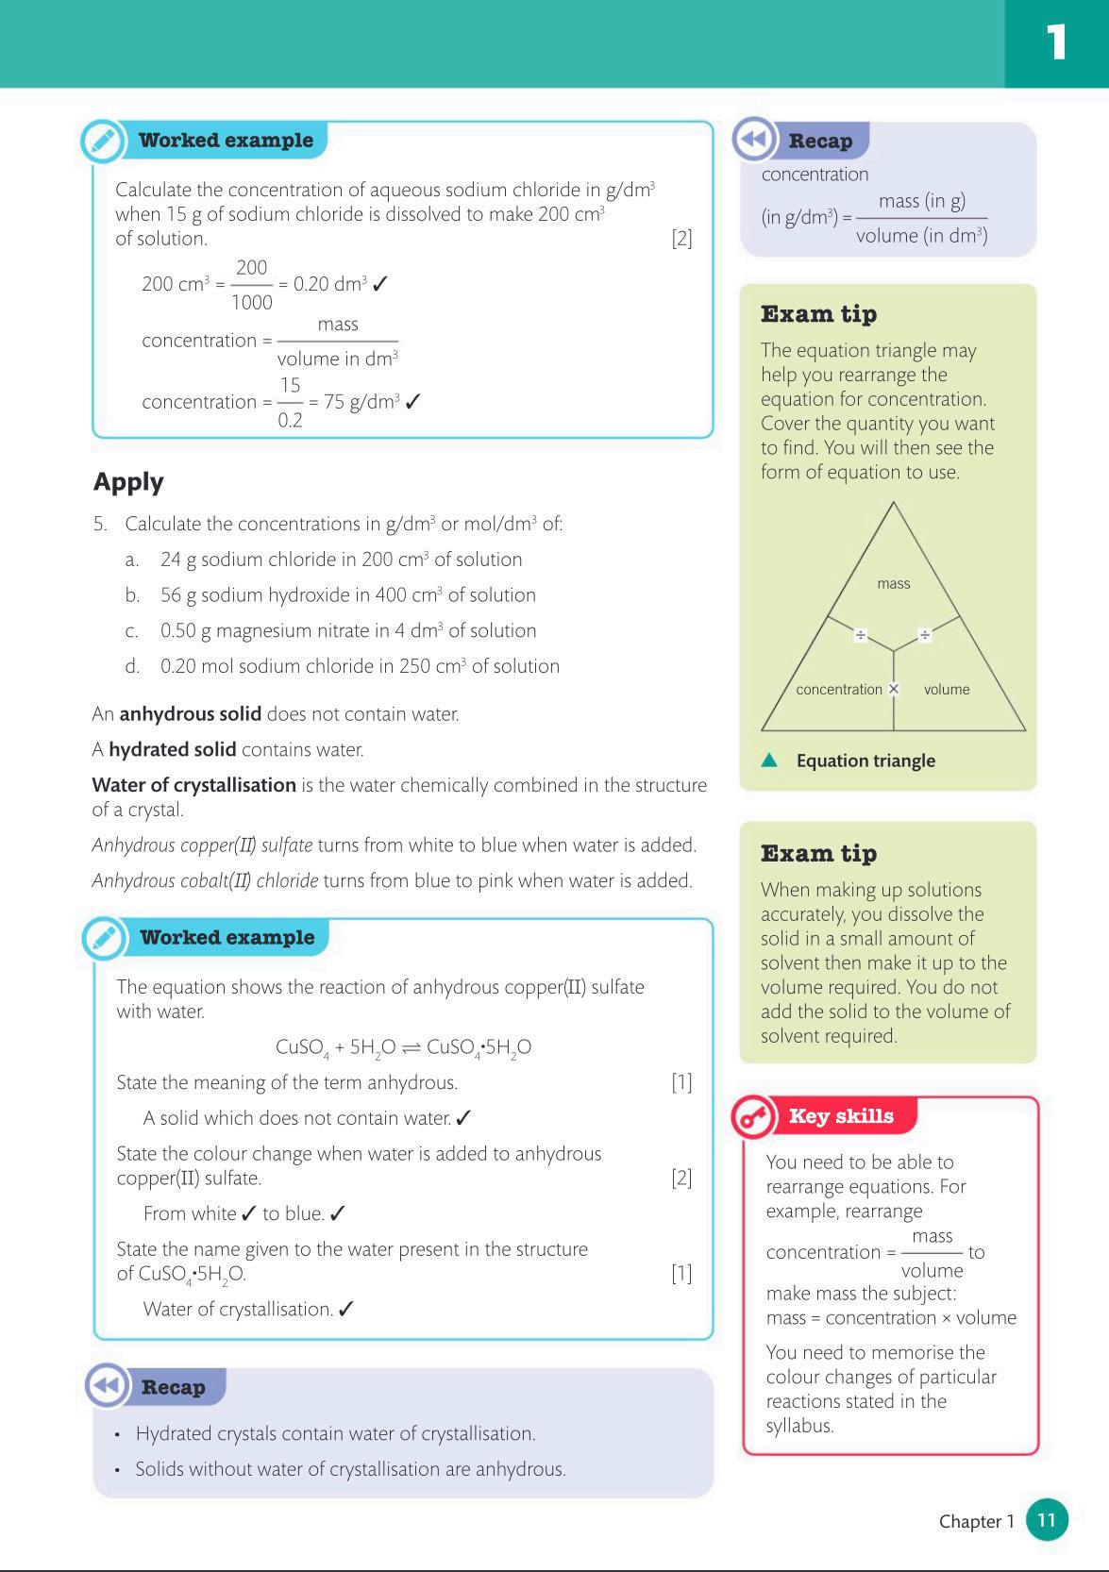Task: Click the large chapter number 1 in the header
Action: pyautogui.click(x=1056, y=42)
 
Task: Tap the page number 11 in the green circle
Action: pyautogui.click(x=1046, y=1520)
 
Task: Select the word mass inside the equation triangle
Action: pyautogui.click(x=893, y=584)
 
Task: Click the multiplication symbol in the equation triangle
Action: pyautogui.click(x=894, y=689)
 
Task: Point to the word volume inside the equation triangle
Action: pyautogui.click(x=946, y=690)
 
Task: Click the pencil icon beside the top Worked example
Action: pyautogui.click(x=102, y=142)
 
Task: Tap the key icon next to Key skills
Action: pyautogui.click(x=753, y=1117)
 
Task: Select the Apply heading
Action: pyautogui.click(x=128, y=482)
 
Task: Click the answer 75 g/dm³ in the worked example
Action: pyautogui.click(x=361, y=402)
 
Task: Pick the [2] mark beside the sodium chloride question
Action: pyautogui.click(x=681, y=239)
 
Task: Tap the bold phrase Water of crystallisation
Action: pyautogui.click(x=193, y=785)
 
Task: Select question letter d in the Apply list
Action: pyautogui.click(x=132, y=666)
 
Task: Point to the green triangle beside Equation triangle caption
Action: pyautogui.click(x=770, y=761)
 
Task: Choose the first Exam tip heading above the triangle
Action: pyautogui.click(x=818, y=314)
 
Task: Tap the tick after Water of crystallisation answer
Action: pyautogui.click(x=346, y=1309)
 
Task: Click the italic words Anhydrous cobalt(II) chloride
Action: pyautogui.click(x=205, y=881)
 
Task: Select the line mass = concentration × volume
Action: pyautogui.click(x=891, y=1318)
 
